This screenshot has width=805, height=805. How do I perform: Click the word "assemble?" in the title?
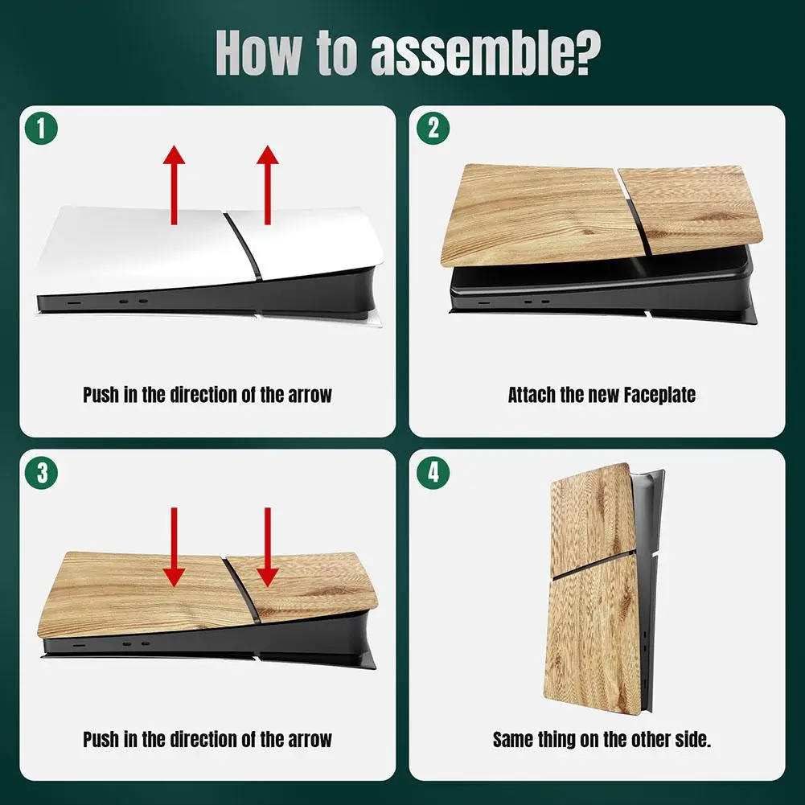485,53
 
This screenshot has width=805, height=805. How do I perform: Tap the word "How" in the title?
259,52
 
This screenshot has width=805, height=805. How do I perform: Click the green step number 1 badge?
41,129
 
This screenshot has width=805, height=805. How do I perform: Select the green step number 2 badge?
433,129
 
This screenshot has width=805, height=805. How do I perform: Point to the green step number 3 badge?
41,472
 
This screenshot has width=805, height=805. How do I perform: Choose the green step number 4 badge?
433,472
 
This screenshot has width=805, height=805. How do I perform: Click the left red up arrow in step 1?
174,185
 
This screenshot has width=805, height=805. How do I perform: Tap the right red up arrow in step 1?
268,185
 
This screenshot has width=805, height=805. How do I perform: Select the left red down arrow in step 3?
174,548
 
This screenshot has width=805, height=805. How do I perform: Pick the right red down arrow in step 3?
268,548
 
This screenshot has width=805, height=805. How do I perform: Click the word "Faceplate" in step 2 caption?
659,396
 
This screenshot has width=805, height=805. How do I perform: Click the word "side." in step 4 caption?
693,739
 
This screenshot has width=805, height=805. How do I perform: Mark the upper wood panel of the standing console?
590,519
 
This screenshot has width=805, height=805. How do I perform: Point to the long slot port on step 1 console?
74,303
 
